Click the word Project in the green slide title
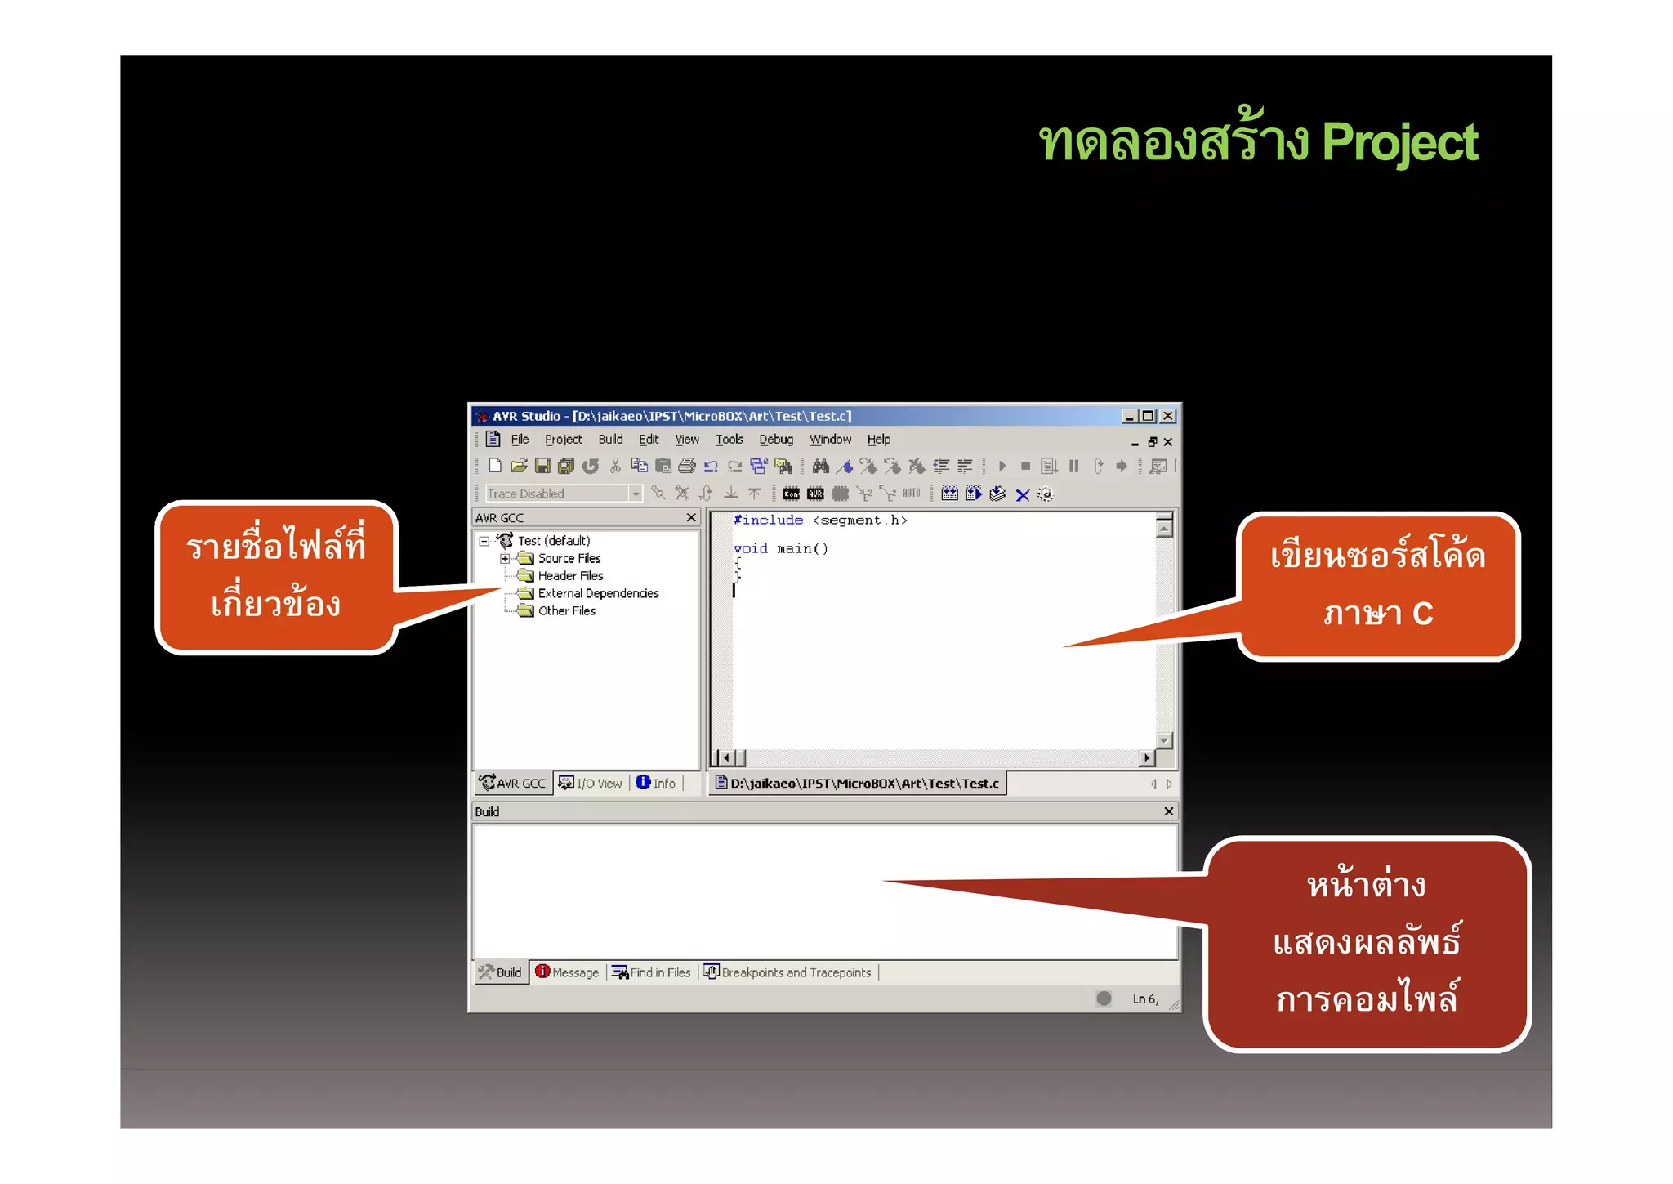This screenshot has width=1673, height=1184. pyautogui.click(x=1399, y=143)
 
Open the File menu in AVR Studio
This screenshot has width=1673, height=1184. pyautogui.click(x=520, y=440)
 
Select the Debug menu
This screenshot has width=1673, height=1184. pyautogui.click(x=775, y=440)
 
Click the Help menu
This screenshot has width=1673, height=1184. pyautogui.click(x=878, y=440)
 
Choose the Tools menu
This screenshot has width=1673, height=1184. pyautogui.click(x=729, y=440)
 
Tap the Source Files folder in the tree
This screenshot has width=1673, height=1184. pyautogui.click(x=569, y=559)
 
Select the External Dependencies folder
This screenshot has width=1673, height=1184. pyautogui.click(x=598, y=594)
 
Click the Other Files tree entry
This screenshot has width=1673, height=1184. pyautogui.click(x=566, y=611)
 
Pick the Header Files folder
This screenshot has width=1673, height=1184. pyautogui.click(x=570, y=576)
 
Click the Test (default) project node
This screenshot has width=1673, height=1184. pyautogui.click(x=553, y=541)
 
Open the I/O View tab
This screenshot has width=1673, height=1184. pyautogui.click(x=591, y=784)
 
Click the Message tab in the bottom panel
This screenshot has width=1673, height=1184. pyautogui.click(x=568, y=972)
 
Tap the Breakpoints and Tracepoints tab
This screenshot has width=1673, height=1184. pyautogui.click(x=788, y=972)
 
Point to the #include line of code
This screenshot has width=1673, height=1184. pyautogui.click(x=819, y=521)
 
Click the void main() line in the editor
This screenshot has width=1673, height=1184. pyautogui.click(x=780, y=549)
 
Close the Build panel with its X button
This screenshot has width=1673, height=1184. pyautogui.click(x=1168, y=811)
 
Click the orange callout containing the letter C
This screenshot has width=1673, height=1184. pyautogui.click(x=1377, y=585)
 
